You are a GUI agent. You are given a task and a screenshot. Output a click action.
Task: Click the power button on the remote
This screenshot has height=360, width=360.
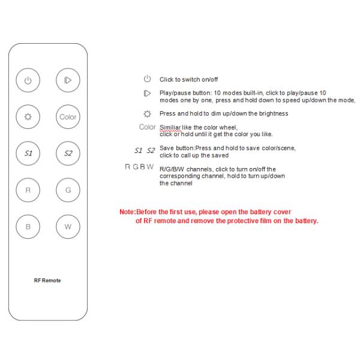coord(29,80)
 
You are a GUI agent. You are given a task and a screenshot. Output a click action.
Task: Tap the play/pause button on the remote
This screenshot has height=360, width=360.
coord(68,80)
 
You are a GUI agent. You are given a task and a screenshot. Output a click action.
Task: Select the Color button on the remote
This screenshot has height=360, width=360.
coord(68,116)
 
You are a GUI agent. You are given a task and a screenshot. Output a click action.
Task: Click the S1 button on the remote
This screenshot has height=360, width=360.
coord(29,153)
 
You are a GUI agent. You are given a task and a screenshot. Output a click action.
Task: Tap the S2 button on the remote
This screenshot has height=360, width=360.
coord(68,153)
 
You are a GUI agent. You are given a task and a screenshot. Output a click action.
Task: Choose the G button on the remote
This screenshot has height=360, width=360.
coord(68,190)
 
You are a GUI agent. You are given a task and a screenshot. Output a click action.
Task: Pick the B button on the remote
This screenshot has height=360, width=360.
coord(29,226)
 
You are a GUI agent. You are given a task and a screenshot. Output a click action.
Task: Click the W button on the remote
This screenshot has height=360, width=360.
coord(68,226)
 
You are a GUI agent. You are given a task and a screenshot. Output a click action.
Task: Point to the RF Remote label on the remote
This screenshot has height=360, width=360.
coord(48,280)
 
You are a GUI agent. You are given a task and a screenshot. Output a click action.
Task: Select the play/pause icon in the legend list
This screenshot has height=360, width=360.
coord(147,94)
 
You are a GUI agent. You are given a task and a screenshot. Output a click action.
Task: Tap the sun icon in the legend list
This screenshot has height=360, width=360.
coord(147,113)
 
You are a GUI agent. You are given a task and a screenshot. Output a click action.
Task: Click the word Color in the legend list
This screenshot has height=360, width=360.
coord(147,127)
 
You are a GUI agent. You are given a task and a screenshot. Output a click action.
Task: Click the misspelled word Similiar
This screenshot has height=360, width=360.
coord(170,127)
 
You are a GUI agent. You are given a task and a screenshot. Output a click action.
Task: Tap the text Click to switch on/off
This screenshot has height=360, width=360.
coord(188,79)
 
